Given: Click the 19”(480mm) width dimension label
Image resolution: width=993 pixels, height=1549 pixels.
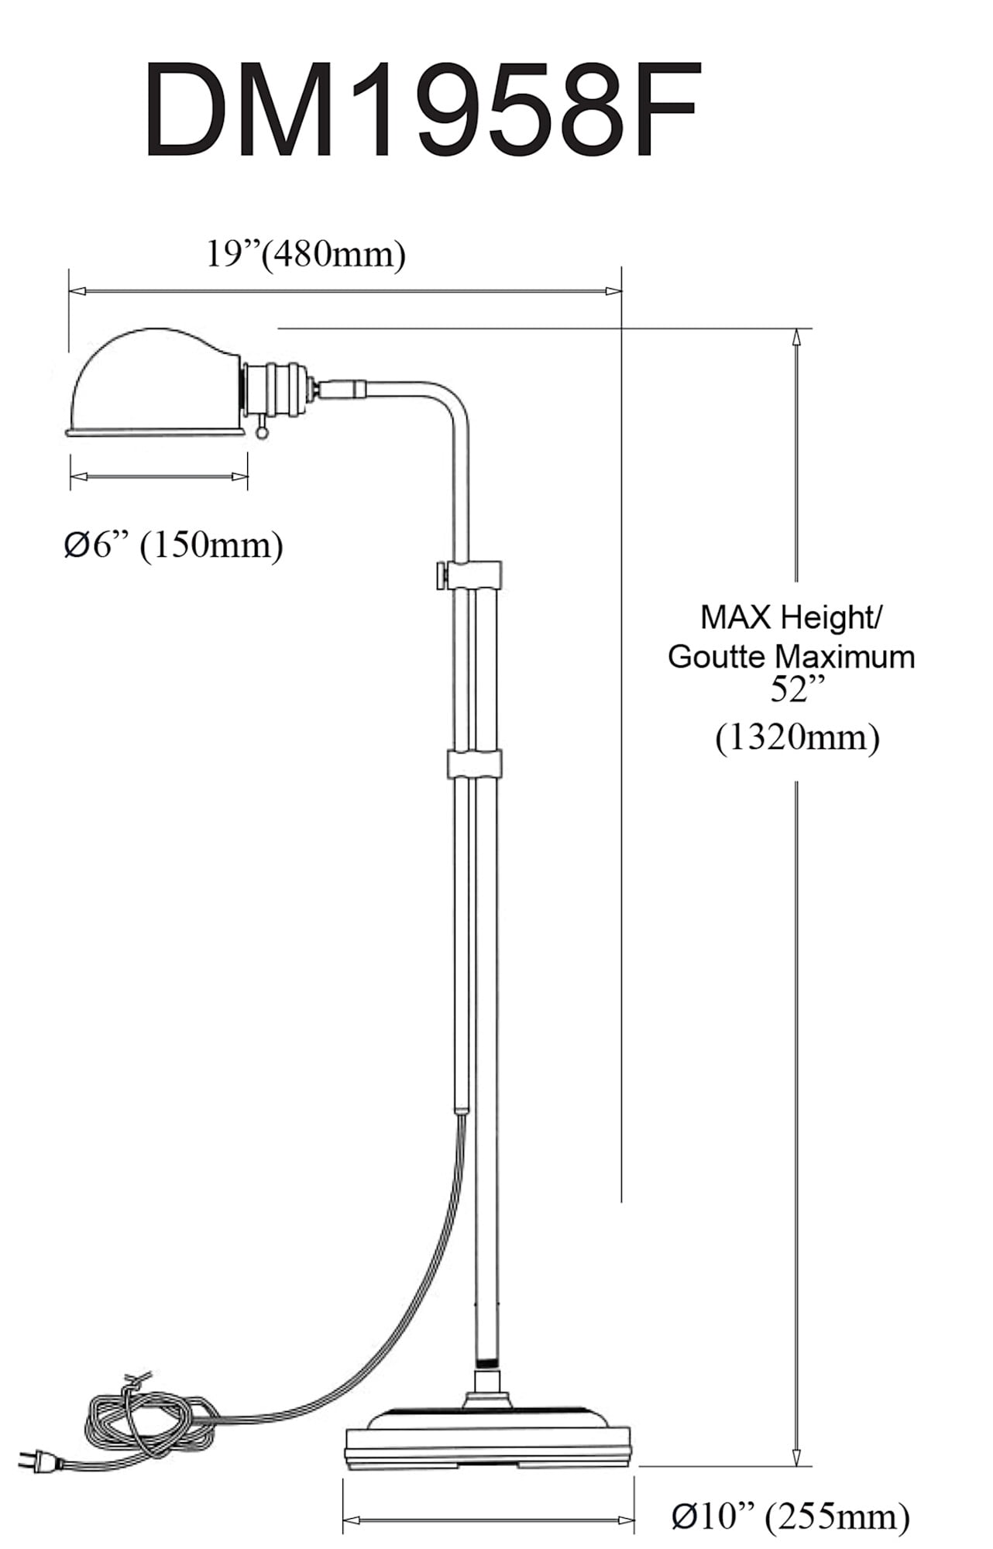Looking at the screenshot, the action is [x=305, y=254].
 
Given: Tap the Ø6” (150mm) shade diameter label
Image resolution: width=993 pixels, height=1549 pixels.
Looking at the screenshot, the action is [x=174, y=545].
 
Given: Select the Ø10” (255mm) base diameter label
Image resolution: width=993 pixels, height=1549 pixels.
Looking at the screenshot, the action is [x=790, y=1515].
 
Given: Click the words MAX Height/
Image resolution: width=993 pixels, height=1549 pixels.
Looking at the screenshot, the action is [x=790, y=617].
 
